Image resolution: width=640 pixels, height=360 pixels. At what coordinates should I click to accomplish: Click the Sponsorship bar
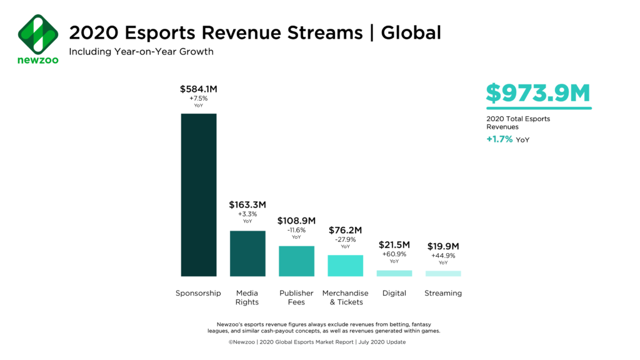click(199, 194)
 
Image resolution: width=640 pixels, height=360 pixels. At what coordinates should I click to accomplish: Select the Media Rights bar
click(247, 253)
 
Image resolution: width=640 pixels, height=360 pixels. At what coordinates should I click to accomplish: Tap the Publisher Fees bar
click(296, 261)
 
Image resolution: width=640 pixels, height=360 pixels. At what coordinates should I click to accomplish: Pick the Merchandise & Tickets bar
click(345, 266)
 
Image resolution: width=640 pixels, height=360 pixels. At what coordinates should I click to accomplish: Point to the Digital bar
click(394, 273)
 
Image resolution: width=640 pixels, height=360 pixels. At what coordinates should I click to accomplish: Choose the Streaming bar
click(443, 273)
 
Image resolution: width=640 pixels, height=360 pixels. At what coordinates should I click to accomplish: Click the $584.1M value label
click(199, 89)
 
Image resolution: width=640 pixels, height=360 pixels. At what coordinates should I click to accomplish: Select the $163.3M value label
click(247, 204)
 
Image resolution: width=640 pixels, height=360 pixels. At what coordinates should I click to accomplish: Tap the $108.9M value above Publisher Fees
click(296, 221)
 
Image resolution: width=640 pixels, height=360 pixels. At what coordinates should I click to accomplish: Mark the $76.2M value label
click(345, 230)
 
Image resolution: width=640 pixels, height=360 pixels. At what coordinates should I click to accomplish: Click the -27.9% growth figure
click(345, 239)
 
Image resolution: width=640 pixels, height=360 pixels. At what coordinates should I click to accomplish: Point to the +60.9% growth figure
click(394, 254)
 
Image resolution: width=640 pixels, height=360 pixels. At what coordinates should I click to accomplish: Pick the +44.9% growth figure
click(443, 256)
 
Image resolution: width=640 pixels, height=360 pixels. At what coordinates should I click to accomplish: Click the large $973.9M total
click(538, 93)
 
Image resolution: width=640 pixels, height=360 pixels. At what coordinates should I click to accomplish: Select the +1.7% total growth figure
click(499, 139)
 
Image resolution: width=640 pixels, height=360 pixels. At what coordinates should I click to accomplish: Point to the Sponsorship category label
click(199, 293)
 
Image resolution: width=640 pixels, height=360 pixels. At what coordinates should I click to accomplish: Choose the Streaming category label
click(443, 293)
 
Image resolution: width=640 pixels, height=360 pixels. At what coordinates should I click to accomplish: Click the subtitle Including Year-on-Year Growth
click(141, 51)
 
